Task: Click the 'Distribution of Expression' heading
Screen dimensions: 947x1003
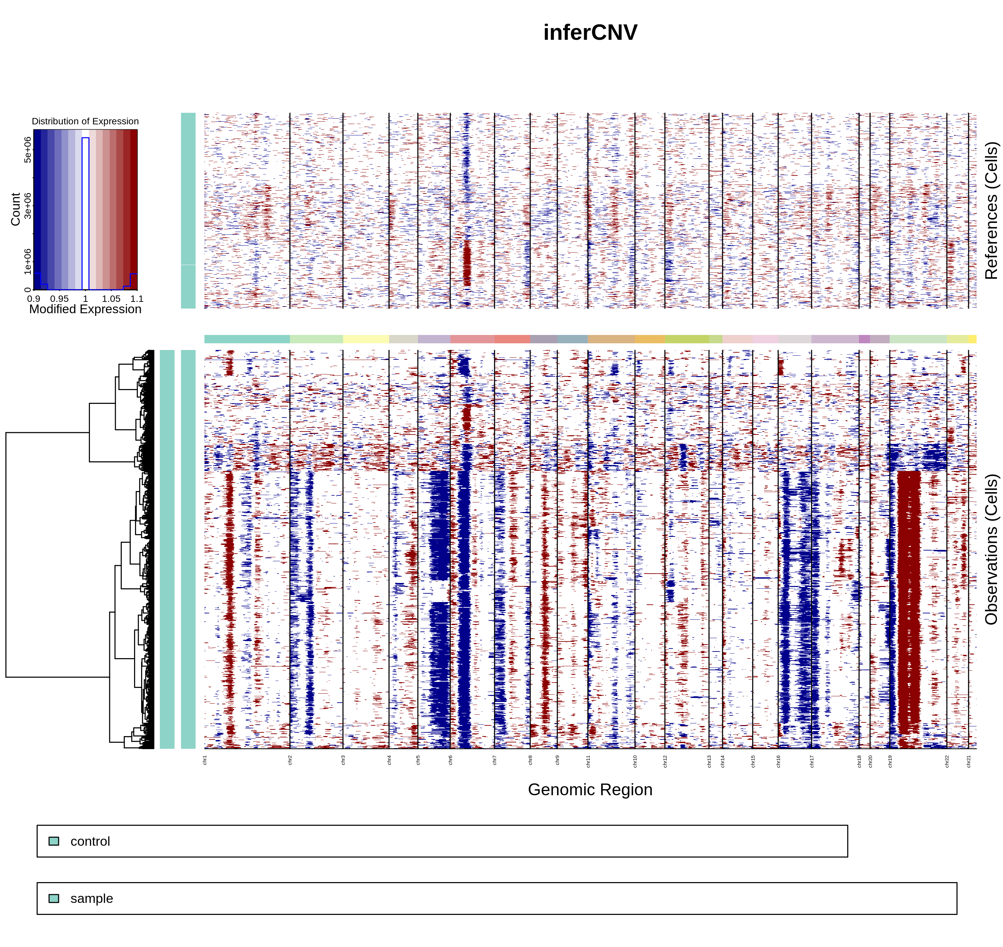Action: pyautogui.click(x=85, y=121)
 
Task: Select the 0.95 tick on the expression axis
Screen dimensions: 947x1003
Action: pyautogui.click(x=60, y=299)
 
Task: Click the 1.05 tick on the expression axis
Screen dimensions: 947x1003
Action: pyautogui.click(x=111, y=299)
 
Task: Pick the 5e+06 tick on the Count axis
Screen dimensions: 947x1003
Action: pyautogui.click(x=28, y=149)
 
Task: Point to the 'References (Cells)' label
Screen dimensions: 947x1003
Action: pyautogui.click(x=991, y=211)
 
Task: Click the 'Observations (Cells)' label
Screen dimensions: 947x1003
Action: pyautogui.click(x=991, y=549)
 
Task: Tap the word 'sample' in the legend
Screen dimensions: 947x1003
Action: pyautogui.click(x=91, y=899)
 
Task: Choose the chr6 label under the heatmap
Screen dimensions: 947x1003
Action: pyautogui.click(x=450, y=760)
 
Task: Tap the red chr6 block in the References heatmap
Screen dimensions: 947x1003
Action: pyautogui.click(x=467, y=262)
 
